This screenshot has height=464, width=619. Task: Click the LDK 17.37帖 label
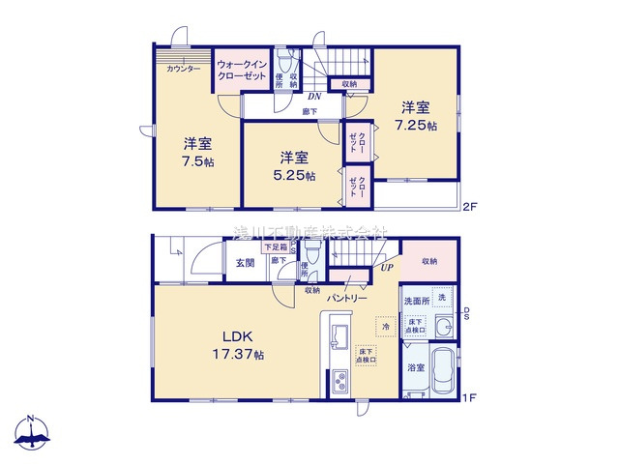pyautogui.click(x=238, y=345)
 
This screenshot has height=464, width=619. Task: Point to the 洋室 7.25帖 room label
pyautogui.click(x=417, y=117)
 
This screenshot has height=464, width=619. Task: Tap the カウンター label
pyautogui.click(x=184, y=70)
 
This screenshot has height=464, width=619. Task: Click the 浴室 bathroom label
pyautogui.click(x=415, y=368)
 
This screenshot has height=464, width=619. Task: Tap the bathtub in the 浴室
pyautogui.click(x=442, y=371)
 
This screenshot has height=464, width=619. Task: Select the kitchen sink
pyautogui.click(x=340, y=338)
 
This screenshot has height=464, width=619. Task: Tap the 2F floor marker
pyautogui.click(x=470, y=206)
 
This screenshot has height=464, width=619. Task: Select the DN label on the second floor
pyautogui.click(x=314, y=96)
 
